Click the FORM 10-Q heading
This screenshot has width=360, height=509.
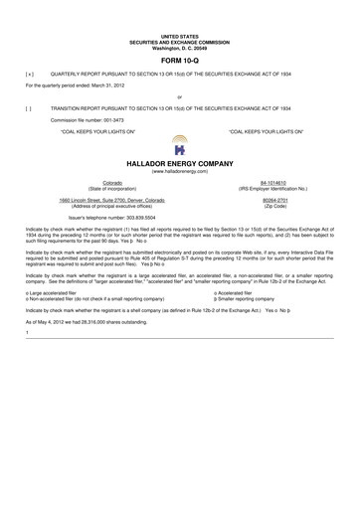(x=179, y=61)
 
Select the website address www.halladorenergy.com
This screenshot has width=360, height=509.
(x=179, y=171)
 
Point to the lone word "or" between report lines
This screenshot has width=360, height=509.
(x=179, y=96)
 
